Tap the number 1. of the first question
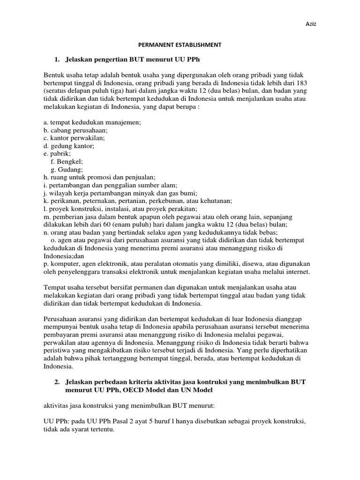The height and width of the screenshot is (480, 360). [x=58, y=60]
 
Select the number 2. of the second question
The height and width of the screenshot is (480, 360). [x=58, y=382]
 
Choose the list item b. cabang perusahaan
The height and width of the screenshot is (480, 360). [x=76, y=130]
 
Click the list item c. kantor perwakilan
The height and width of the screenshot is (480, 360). [x=75, y=138]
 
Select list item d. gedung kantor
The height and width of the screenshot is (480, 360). [x=69, y=146]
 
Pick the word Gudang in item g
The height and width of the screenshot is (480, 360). [x=70, y=170]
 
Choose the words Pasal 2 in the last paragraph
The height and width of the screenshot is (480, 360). [x=120, y=421]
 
